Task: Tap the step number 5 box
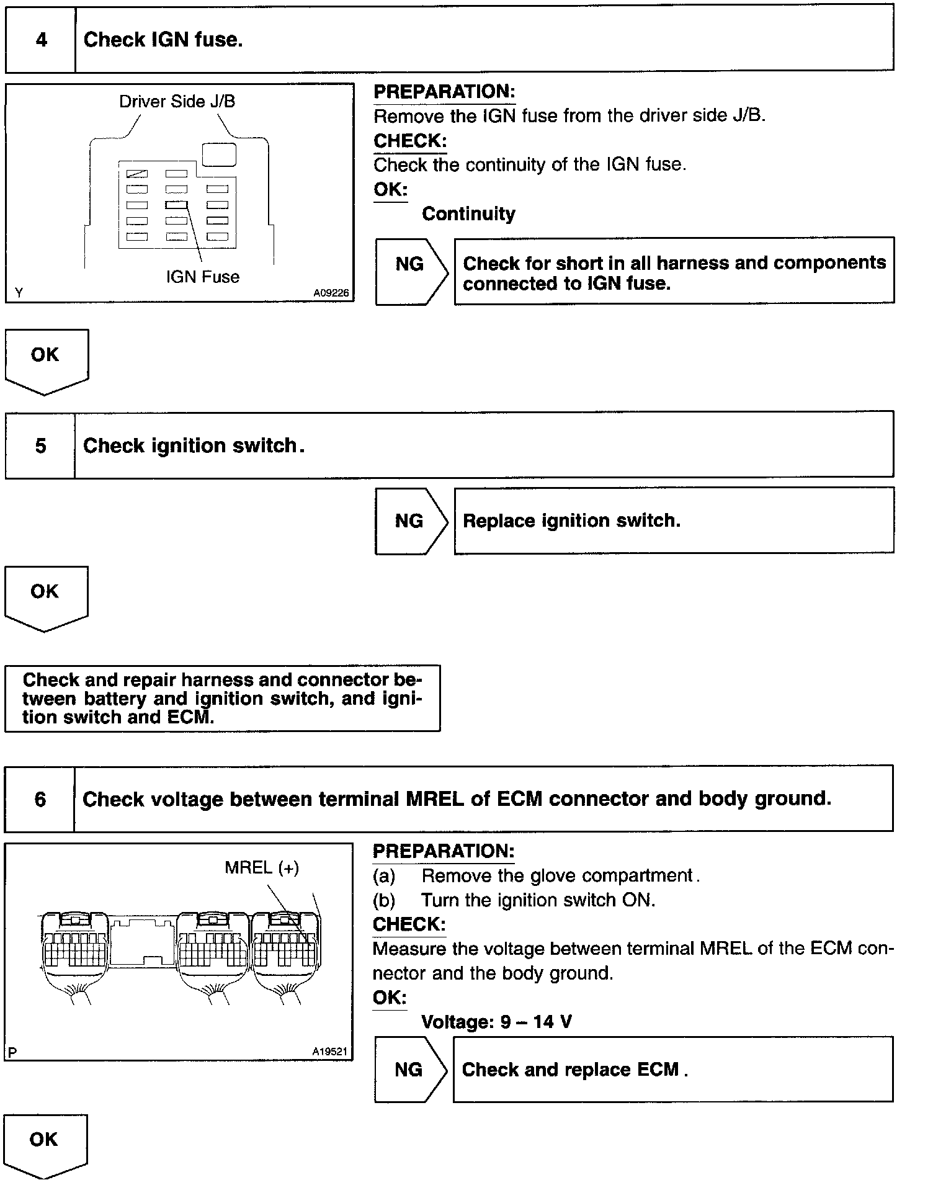click(x=40, y=445)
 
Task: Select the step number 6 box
click(x=40, y=799)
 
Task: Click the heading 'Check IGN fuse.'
click(x=163, y=40)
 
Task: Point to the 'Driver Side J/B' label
click(x=177, y=102)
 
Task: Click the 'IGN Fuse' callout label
click(x=202, y=277)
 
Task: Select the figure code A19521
click(x=329, y=1052)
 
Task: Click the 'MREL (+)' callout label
click(x=262, y=867)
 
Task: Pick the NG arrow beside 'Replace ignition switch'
click(x=410, y=521)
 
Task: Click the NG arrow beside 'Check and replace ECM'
click(x=409, y=1069)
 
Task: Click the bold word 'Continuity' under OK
click(x=468, y=214)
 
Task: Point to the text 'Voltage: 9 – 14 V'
click(x=496, y=1021)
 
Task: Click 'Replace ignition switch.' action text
click(x=571, y=521)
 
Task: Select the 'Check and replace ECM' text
click(x=574, y=1070)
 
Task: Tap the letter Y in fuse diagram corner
click(x=19, y=293)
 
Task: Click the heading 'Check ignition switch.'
click(x=194, y=445)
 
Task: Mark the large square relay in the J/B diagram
click(x=219, y=154)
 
